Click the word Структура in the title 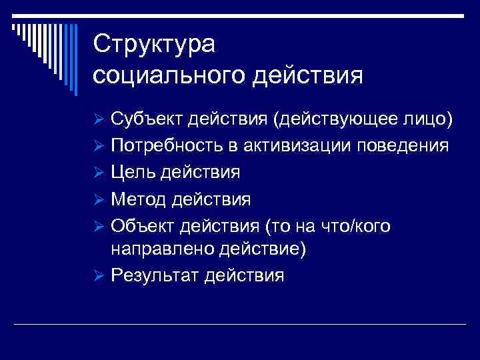point(155,45)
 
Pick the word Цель point(133,173)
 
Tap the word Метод point(139,199)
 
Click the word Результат point(157,275)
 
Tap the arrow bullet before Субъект point(99,119)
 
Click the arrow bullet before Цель point(99,173)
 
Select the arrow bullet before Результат point(99,276)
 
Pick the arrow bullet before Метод point(99,200)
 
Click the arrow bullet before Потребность point(99,147)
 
